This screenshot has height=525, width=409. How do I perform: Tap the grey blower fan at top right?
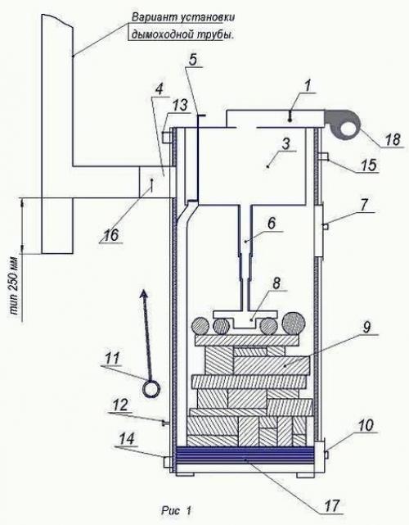point(342,125)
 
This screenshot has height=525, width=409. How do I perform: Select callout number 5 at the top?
point(193,59)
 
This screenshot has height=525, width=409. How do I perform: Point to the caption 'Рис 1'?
point(176,511)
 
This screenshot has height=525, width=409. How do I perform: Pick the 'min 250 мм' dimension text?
point(15,290)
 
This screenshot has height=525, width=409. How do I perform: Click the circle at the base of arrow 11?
point(151,389)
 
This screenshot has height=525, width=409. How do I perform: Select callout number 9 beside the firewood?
point(366,327)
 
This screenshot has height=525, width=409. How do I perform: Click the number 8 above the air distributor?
point(276,283)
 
